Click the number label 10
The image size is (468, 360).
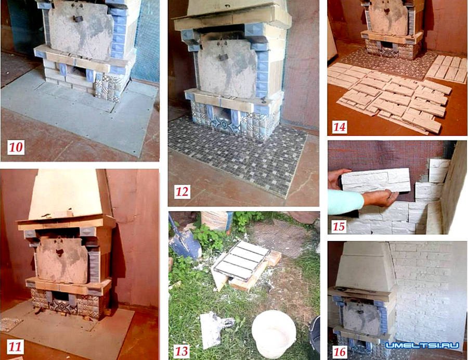click(16, 147)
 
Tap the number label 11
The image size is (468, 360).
click(15, 347)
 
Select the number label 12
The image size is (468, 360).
click(182, 191)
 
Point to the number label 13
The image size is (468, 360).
click(181, 351)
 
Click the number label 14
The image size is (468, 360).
click(340, 127)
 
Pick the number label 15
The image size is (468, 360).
click(339, 226)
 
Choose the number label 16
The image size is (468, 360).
click(339, 352)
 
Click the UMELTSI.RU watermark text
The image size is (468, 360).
click(422, 345)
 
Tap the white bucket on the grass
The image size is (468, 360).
click(274, 333)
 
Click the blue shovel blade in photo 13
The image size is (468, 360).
click(185, 241)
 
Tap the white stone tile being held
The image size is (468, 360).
click(376, 181)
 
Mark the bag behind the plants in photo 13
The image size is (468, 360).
click(217, 220)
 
